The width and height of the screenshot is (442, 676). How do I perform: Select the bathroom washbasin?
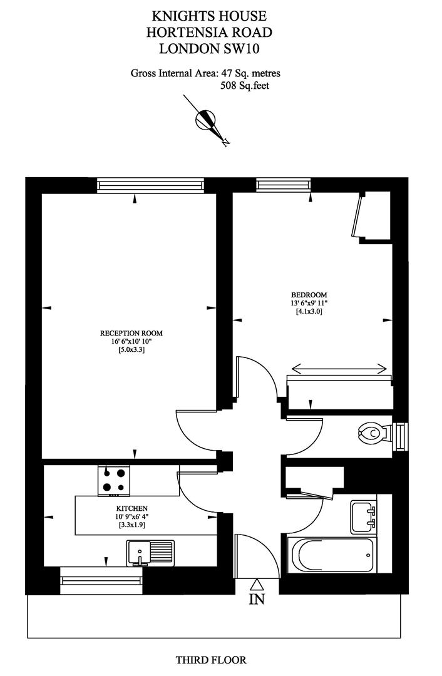pyautogui.click(x=363, y=516)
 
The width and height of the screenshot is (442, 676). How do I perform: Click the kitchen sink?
pyautogui.click(x=150, y=553)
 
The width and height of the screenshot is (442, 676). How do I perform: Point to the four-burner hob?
pyautogui.click(x=114, y=480)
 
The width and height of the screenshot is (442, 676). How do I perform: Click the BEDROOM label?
pyautogui.click(x=309, y=295)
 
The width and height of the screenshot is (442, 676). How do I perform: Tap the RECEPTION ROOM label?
pyautogui.click(x=131, y=333)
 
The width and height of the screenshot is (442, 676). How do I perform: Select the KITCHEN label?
pyautogui.click(x=132, y=509)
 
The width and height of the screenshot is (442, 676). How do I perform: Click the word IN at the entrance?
pyautogui.click(x=257, y=599)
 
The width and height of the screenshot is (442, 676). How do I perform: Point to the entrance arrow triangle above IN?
pyautogui.click(x=257, y=584)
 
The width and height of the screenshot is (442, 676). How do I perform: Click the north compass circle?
pyautogui.click(x=205, y=119)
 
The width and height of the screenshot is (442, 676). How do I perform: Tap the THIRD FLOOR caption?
pyautogui.click(x=211, y=660)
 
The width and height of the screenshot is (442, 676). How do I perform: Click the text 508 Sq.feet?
pyautogui.click(x=245, y=86)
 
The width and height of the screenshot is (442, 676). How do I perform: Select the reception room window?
pyautogui.click(x=150, y=185)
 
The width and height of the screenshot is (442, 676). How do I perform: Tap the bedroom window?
pyautogui.click(x=284, y=185)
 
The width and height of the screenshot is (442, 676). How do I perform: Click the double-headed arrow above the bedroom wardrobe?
pyautogui.click(x=339, y=369)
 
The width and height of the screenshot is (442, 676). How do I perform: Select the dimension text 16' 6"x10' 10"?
pyautogui.click(x=131, y=342)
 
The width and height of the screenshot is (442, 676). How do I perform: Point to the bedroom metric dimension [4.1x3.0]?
pyautogui.click(x=309, y=311)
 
